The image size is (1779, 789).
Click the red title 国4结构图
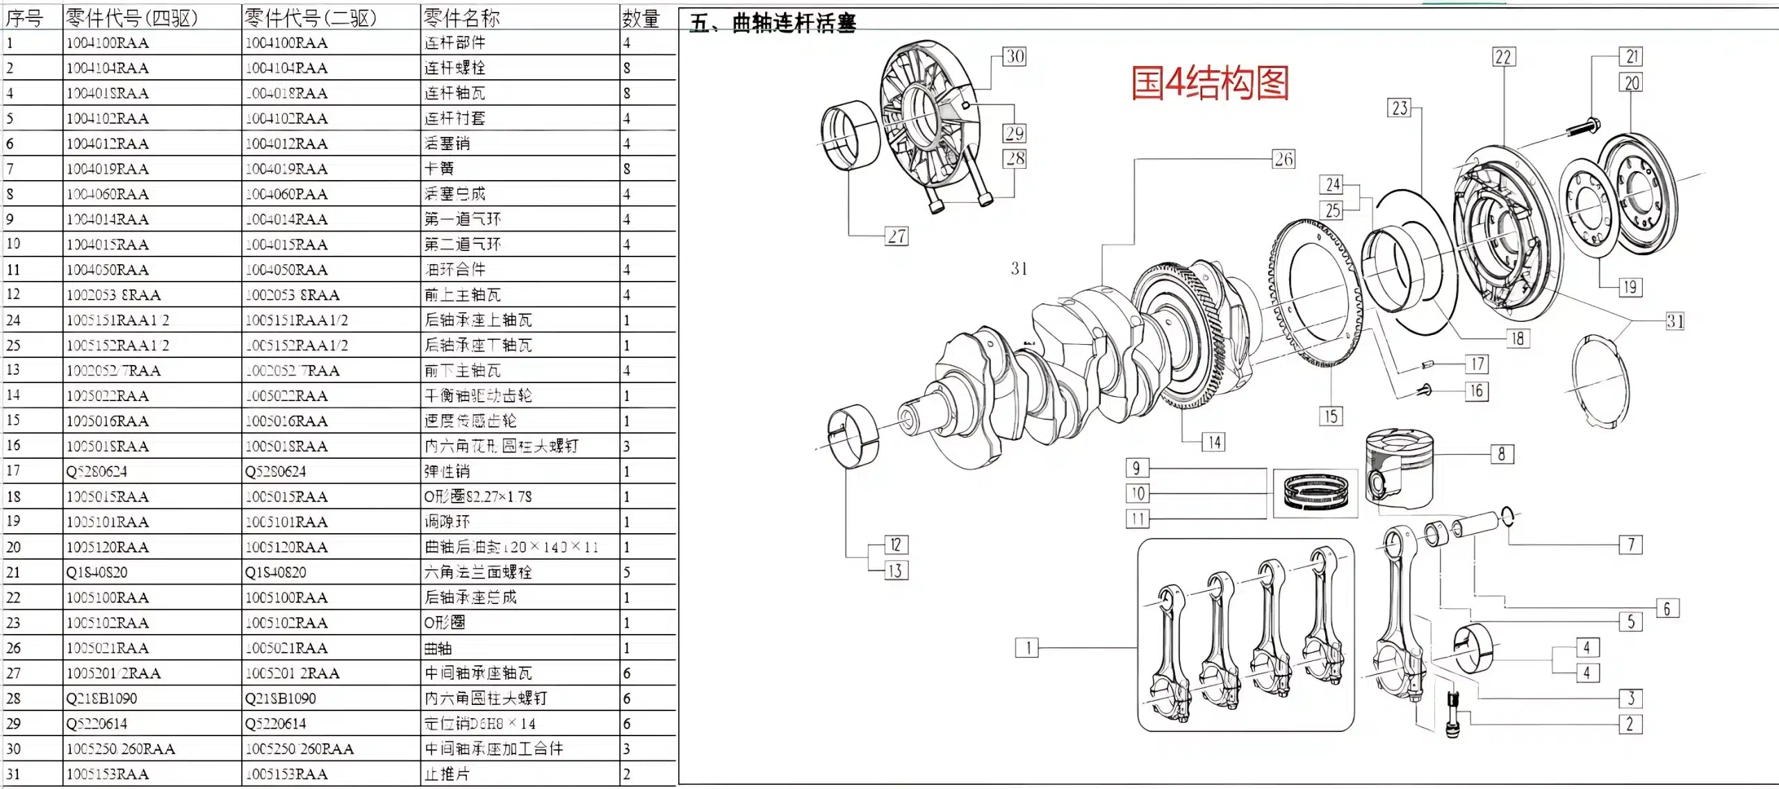1209,83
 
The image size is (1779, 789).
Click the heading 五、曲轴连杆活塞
773,23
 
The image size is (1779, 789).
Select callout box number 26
1283,159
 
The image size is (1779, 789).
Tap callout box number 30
1015,56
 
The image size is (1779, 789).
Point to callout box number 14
1214,442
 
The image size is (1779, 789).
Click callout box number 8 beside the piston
1502,454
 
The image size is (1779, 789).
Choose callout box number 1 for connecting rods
1027,648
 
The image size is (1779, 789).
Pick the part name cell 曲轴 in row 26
438,648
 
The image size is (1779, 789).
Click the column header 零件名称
461,18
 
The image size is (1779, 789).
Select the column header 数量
640,18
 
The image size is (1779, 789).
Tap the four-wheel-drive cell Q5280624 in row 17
97,471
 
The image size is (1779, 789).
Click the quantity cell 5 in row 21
627,572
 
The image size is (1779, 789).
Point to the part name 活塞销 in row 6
448,143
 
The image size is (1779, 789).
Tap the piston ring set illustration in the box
1315,491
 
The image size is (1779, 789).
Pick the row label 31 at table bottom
13,774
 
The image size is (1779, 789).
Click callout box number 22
1503,57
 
